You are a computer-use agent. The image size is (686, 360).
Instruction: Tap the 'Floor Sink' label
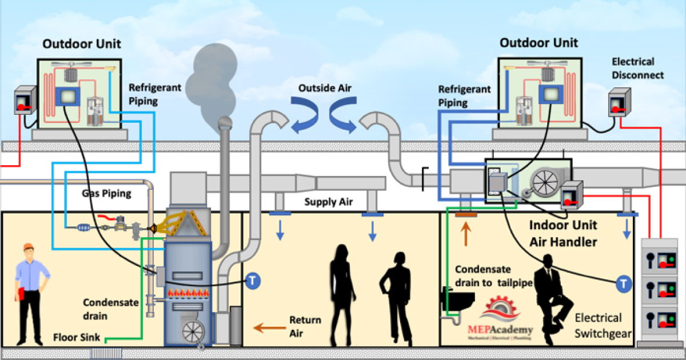74,337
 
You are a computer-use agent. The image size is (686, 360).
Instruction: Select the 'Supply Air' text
329,202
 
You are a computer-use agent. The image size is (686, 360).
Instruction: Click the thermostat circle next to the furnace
253,281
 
